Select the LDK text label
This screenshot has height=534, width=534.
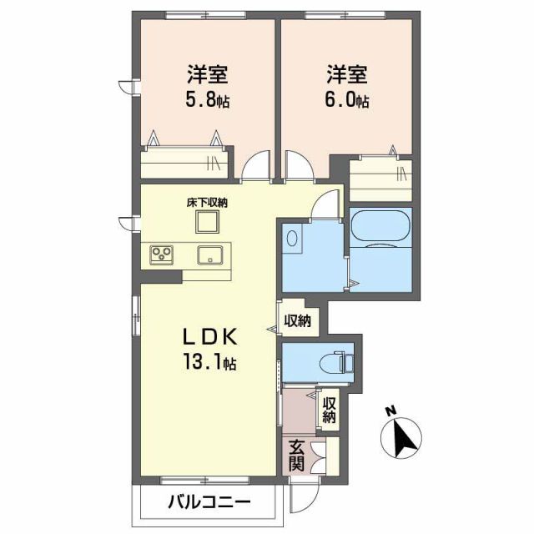tap(212, 337)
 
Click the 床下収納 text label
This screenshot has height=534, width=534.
tap(207, 202)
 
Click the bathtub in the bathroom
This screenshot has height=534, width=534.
tap(380, 226)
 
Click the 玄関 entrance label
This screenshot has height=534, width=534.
tap(297, 456)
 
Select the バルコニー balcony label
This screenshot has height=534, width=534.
tap(208, 502)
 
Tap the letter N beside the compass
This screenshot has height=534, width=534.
tap(389, 411)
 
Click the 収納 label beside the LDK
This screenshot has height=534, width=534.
tap(298, 320)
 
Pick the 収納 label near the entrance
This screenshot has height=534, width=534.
tap(329, 409)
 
